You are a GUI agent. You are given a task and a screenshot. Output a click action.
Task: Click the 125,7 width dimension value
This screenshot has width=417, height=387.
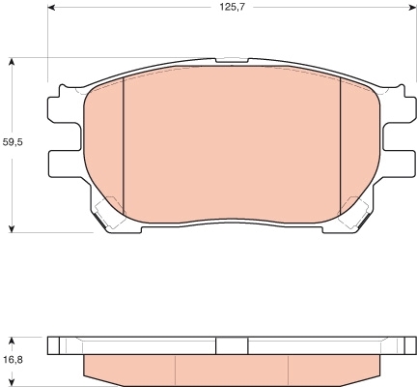point(233,7)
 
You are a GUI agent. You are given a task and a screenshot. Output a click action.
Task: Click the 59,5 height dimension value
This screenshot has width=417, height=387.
point(13,142)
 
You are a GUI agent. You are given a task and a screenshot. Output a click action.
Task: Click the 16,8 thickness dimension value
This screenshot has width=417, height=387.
point(13,360)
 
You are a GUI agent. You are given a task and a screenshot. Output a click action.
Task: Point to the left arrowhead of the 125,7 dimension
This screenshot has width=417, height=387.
point(52,8)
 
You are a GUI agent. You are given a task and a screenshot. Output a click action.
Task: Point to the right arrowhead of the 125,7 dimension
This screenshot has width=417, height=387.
point(412,8)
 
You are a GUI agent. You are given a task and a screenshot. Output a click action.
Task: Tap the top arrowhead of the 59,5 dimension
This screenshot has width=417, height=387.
point(12,62)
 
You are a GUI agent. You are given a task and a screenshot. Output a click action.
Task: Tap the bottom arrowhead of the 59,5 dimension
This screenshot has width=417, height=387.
point(12,228)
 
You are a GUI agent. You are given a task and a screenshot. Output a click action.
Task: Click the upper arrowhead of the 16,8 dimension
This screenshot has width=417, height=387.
point(12,342)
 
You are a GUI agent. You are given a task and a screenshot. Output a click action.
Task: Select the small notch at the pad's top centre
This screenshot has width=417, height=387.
point(232,60)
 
